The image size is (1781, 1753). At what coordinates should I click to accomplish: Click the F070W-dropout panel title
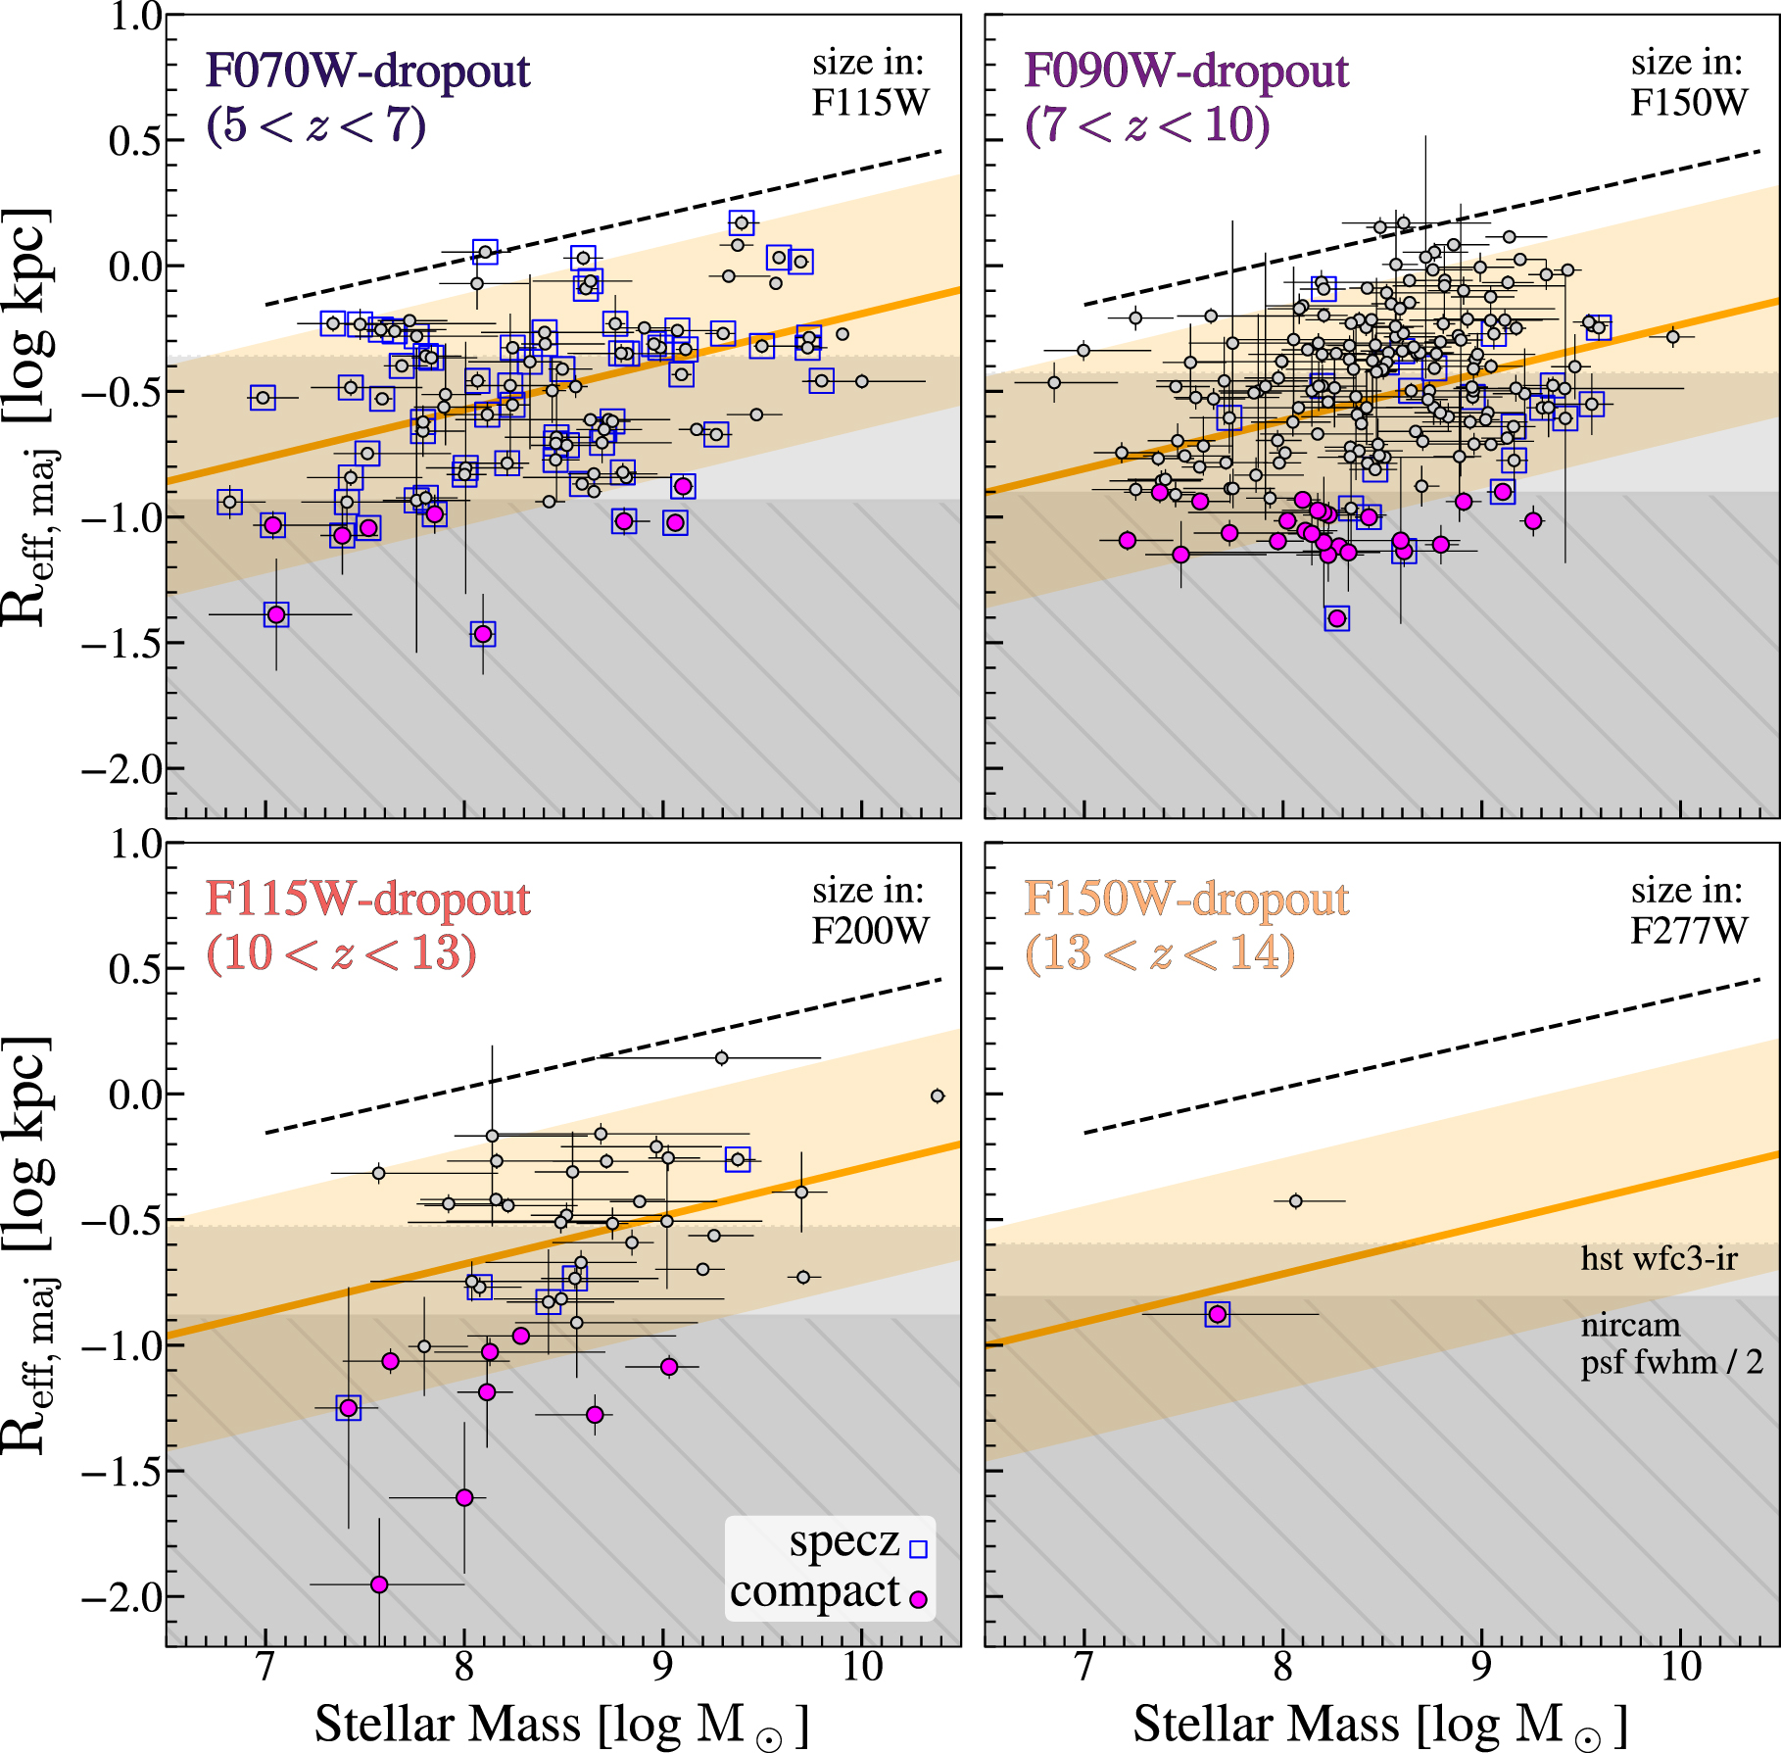367,71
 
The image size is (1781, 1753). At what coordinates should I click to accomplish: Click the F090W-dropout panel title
1186,71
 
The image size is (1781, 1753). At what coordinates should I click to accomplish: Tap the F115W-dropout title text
367,899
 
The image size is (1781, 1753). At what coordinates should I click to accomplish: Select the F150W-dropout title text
1186,899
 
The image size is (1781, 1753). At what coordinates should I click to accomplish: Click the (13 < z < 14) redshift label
1160,952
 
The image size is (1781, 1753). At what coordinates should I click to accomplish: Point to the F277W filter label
1688,930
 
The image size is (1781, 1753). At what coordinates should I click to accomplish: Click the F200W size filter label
870,930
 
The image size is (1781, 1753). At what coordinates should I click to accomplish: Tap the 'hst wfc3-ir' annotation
1659,1258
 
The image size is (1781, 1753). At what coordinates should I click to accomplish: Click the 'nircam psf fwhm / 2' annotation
1670,1343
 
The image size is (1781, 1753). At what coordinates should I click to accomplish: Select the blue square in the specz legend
918,1549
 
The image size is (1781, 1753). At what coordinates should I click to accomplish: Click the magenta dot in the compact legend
918,1599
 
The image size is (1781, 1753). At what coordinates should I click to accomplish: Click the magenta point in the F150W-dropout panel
1217,1314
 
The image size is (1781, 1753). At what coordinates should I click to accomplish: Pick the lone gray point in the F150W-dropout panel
1295,1200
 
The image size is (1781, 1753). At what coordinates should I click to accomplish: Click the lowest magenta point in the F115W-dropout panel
379,1584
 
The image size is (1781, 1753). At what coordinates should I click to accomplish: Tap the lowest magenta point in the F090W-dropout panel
1336,618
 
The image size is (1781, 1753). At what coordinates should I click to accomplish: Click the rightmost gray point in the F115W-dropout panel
938,1096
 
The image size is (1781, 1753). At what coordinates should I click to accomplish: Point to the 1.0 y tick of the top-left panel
135,17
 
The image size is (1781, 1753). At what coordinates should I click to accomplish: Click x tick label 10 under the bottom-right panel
1681,1667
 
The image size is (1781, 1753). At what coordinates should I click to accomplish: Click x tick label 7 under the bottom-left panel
265,1667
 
